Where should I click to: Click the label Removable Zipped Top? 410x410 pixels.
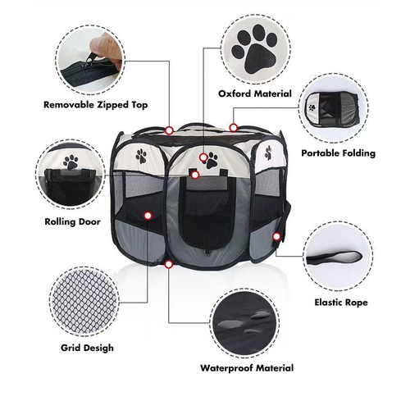click(x=96, y=104)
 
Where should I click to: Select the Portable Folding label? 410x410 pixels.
click(x=338, y=153)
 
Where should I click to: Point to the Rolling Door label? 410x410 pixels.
click(x=67, y=221)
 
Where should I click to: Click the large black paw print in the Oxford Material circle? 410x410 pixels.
click(x=253, y=47)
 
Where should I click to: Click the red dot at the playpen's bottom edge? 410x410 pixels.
click(x=169, y=264)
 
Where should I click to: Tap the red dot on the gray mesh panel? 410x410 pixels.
click(x=148, y=216)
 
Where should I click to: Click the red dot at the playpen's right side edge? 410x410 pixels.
click(x=277, y=236)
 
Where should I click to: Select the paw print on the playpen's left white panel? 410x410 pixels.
click(x=141, y=155)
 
